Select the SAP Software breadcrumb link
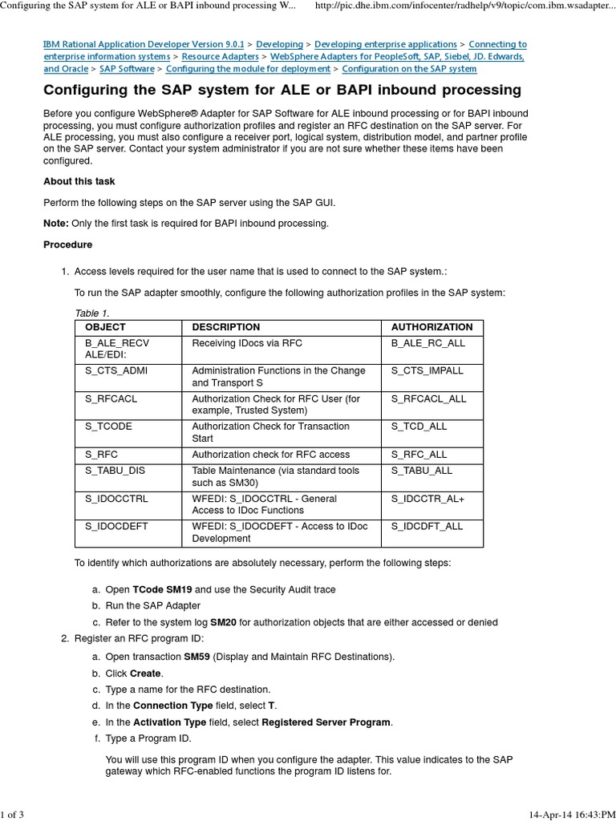(x=127, y=70)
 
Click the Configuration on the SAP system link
(x=409, y=70)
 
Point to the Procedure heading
(x=67, y=245)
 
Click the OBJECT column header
(x=105, y=327)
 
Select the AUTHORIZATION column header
(x=432, y=327)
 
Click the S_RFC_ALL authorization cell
(x=419, y=455)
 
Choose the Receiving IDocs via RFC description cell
(x=247, y=343)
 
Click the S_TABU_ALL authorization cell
(x=422, y=471)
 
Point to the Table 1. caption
(x=91, y=313)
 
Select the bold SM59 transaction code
(x=197, y=657)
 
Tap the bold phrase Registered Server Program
(x=326, y=722)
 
